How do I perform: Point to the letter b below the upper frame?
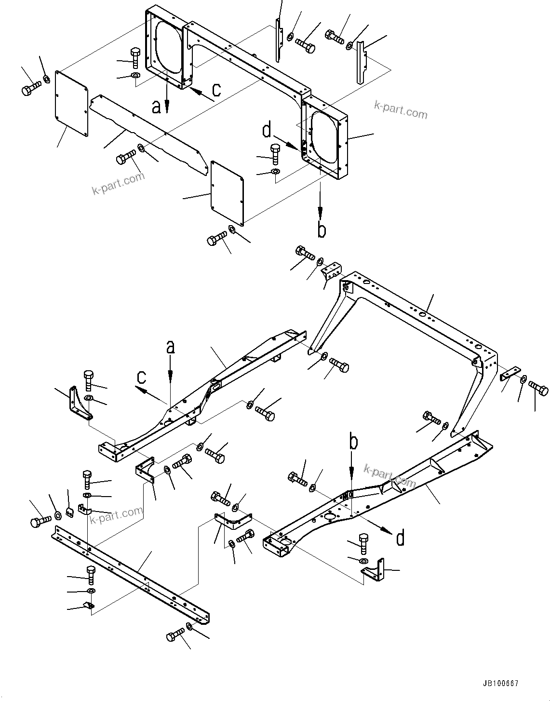(322, 230)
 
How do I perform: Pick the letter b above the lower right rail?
(353, 443)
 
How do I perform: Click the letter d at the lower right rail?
(400, 538)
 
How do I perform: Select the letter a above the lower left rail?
(170, 347)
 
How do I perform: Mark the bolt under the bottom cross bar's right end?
(175, 634)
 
